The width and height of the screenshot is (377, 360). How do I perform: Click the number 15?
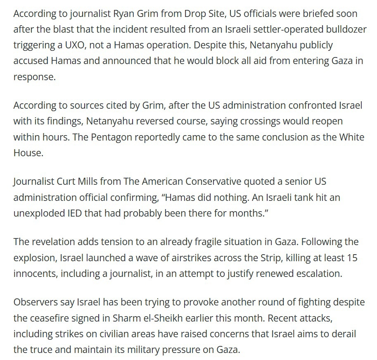(351, 258)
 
